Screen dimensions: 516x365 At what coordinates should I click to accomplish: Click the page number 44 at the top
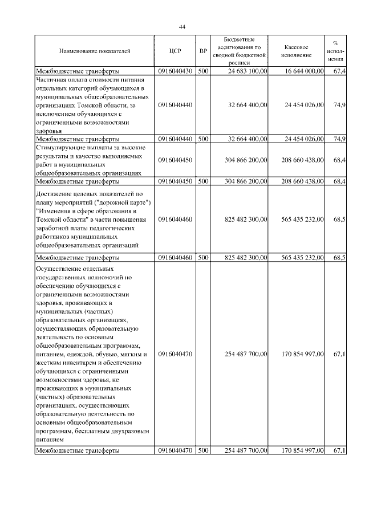tap(182, 27)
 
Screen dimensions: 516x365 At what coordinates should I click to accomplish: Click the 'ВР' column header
tap(203, 51)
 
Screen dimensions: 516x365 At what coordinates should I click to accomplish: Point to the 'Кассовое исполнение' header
tap(296, 51)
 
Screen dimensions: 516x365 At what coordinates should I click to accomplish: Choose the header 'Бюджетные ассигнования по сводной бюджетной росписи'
tap(240, 51)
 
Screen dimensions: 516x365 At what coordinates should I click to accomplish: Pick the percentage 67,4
tap(339, 71)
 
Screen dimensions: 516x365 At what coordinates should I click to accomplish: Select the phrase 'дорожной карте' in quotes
tap(124, 203)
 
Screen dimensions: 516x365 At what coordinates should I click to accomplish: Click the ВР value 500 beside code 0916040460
tap(203, 258)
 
